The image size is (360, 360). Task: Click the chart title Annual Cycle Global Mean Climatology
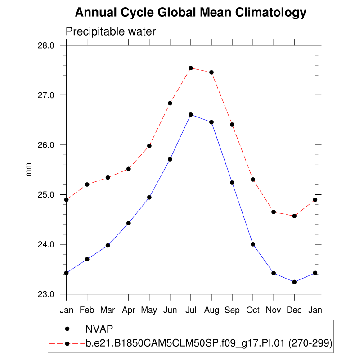pos(190,13)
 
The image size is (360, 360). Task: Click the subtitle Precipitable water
pos(111,32)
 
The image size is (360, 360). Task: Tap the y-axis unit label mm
pos(29,170)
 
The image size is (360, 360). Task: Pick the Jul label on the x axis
pos(191,310)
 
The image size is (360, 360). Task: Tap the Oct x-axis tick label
pos(253,310)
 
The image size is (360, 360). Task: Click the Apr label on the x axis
pos(129,310)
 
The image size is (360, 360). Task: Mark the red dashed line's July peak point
pos(191,68)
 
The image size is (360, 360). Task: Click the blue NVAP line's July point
pos(191,115)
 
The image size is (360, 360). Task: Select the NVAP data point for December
pos(294,282)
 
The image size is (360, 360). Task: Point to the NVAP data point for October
pos(253,244)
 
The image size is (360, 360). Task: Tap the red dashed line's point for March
pos(108,177)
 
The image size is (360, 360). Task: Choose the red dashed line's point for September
pos(232,124)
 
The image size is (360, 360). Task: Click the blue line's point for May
pos(149,197)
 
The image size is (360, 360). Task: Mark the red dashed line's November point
pos(274,211)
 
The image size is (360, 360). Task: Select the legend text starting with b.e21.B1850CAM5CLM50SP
pos(209,344)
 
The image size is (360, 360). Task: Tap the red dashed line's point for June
pos(170,103)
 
